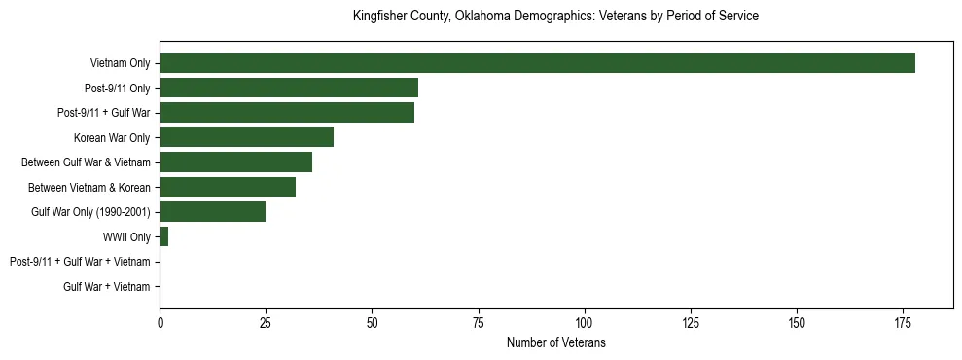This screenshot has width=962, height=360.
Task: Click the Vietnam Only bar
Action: point(537,63)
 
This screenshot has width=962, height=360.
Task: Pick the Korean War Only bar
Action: point(246,137)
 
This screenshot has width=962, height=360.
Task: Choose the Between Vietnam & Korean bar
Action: point(228,187)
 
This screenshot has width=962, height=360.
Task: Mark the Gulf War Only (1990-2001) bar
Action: point(212,211)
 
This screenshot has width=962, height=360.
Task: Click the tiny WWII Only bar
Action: point(163,236)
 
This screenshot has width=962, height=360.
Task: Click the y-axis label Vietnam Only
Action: point(120,63)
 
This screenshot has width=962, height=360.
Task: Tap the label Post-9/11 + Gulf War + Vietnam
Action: point(80,262)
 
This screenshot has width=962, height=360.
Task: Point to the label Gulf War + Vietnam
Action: point(107,286)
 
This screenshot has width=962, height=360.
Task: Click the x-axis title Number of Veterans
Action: point(555,342)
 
